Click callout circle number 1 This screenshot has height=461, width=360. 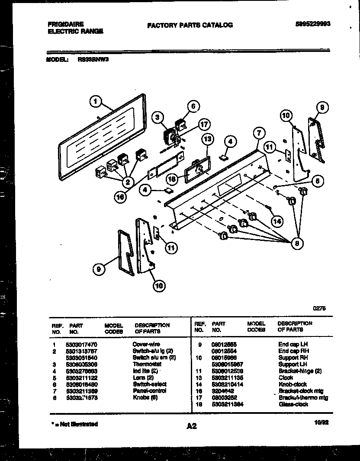[x=96, y=102]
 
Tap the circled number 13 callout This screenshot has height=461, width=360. [x=208, y=139]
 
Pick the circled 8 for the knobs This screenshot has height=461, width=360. [x=297, y=243]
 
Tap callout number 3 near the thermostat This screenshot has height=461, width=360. [x=158, y=116]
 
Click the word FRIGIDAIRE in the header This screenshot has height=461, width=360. [x=66, y=24]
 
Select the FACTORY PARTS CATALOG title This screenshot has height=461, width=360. [x=190, y=25]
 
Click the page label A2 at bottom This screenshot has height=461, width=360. [x=192, y=426]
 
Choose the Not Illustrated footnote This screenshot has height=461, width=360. [x=72, y=424]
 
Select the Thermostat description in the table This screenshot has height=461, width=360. [x=144, y=364]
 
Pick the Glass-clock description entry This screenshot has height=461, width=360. [x=293, y=404]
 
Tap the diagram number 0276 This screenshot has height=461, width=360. [x=319, y=308]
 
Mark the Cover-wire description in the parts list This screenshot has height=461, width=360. [x=146, y=344]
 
